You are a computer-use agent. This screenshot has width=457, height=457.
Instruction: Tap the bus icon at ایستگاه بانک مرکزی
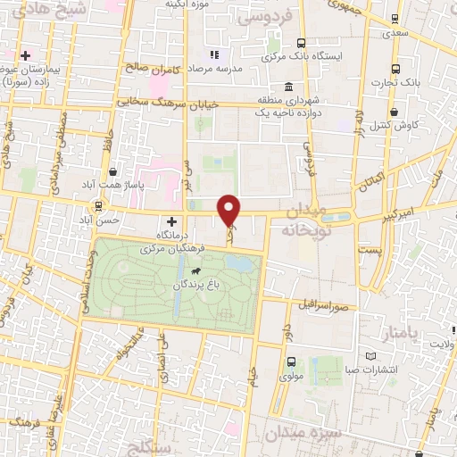coord(301,42)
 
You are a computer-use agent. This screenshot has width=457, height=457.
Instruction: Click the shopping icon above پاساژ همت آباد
coord(112,171)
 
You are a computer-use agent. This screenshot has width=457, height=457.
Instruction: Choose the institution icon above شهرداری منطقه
coord(288,87)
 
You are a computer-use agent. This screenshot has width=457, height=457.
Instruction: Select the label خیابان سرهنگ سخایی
coord(170,104)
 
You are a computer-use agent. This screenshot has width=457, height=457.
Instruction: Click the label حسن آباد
coord(99,220)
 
